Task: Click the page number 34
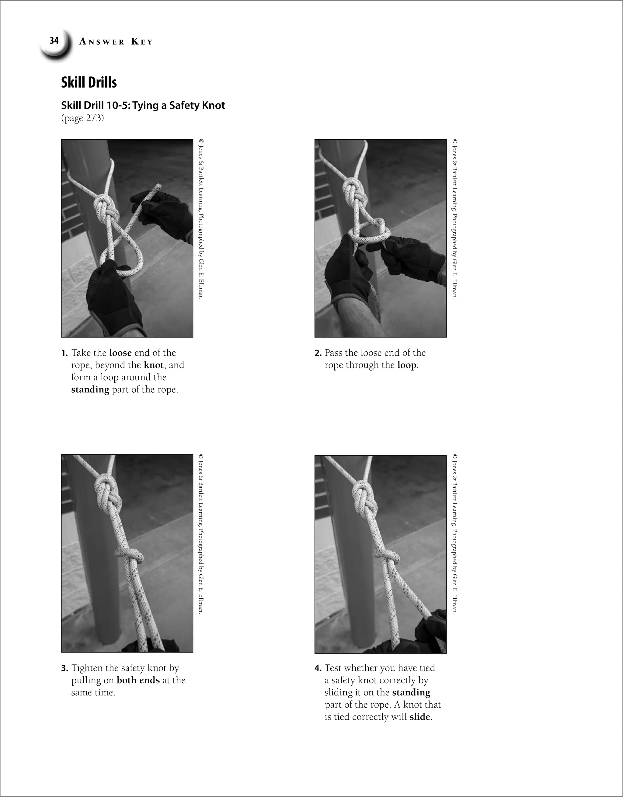point(54,40)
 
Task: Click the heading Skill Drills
point(89,82)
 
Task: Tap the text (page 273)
point(82,118)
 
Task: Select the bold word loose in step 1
point(120,353)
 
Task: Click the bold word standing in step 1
point(90,390)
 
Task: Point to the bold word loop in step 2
point(407,365)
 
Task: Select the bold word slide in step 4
point(419,717)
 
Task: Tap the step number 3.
point(64,668)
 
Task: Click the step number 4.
point(318,668)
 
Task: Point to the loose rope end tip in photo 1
point(159,186)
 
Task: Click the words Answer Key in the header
point(116,42)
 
